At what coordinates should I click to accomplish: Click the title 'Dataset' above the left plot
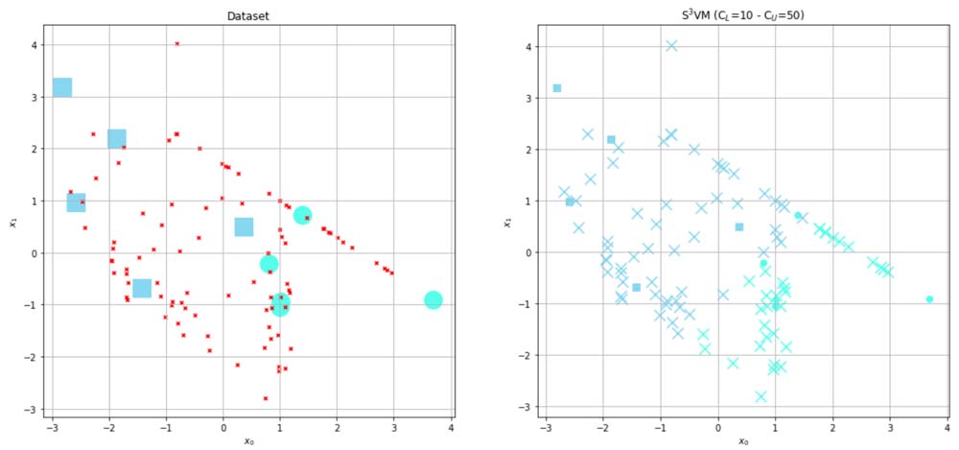point(247,16)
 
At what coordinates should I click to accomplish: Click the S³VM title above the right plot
point(742,16)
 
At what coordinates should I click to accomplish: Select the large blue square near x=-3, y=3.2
point(62,88)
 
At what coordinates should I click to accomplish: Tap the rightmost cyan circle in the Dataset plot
point(433,300)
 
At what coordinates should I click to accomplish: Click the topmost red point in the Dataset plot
point(177,43)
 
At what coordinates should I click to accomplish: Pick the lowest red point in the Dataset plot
point(266,398)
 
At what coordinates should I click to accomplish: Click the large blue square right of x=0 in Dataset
point(244,227)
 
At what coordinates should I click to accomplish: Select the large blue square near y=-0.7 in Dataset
point(142,288)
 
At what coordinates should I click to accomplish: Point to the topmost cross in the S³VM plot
point(671,45)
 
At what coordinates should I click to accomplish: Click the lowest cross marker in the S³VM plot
point(760,396)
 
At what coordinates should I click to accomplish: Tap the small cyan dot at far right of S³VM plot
point(929,299)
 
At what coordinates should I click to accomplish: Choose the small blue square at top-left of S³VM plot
point(556,88)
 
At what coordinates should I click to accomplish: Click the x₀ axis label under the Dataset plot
point(247,442)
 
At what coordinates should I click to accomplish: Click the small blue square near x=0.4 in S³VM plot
point(739,227)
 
